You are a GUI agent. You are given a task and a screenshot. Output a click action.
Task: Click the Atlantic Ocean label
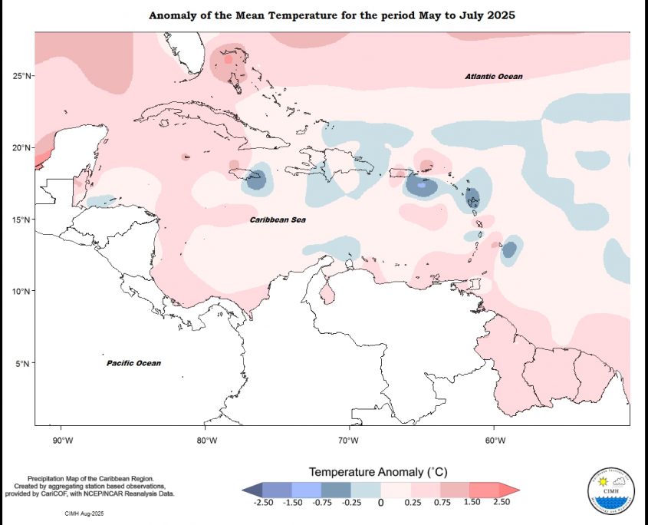point(494,77)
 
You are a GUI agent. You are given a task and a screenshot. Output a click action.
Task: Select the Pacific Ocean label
point(134,363)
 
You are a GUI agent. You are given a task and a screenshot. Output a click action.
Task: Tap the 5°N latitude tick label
point(23,363)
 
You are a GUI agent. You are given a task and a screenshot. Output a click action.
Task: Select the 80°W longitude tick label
point(206,440)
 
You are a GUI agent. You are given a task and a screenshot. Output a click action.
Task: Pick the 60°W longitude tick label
point(495,440)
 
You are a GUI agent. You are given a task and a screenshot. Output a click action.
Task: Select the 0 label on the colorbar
point(380,503)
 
